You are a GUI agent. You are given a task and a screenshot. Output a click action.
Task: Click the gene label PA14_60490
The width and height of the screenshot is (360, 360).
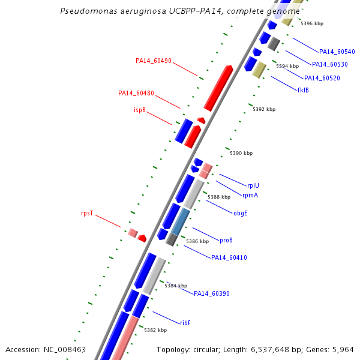tap(154, 61)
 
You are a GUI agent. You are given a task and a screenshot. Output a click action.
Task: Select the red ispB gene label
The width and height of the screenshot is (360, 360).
tap(139, 110)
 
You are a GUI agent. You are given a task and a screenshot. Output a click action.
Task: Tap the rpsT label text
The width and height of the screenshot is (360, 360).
tap(87, 213)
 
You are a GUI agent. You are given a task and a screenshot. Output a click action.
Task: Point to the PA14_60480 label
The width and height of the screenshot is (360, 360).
tap(136, 94)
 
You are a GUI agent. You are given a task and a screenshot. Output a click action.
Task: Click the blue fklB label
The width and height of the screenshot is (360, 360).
tap(303, 90)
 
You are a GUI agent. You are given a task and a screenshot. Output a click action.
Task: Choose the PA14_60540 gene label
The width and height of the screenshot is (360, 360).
tap(337, 52)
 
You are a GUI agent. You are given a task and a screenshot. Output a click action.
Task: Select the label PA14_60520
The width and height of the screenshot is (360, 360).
tap(322, 78)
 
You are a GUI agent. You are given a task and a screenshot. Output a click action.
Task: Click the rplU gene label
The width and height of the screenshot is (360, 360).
tap(254, 185)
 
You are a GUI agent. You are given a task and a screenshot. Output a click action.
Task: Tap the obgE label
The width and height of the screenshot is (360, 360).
tap(241, 212)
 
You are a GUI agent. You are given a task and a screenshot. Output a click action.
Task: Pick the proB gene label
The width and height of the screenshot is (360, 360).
tap(226, 240)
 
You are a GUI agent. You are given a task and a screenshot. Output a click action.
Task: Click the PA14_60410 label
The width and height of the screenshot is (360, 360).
tap(229, 257)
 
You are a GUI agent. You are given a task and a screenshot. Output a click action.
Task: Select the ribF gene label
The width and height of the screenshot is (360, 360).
tap(185, 323)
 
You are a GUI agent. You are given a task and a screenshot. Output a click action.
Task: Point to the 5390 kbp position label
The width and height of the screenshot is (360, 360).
tap(241, 154)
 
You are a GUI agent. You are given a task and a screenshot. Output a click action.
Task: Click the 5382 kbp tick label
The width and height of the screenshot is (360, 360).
tap(155, 330)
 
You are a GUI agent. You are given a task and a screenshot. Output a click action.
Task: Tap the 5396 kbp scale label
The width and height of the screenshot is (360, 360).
tap(312, 23)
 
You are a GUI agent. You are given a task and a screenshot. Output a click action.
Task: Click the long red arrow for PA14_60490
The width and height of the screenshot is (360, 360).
tap(218, 88)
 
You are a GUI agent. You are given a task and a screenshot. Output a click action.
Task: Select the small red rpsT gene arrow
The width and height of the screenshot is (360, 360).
tap(142, 238)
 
